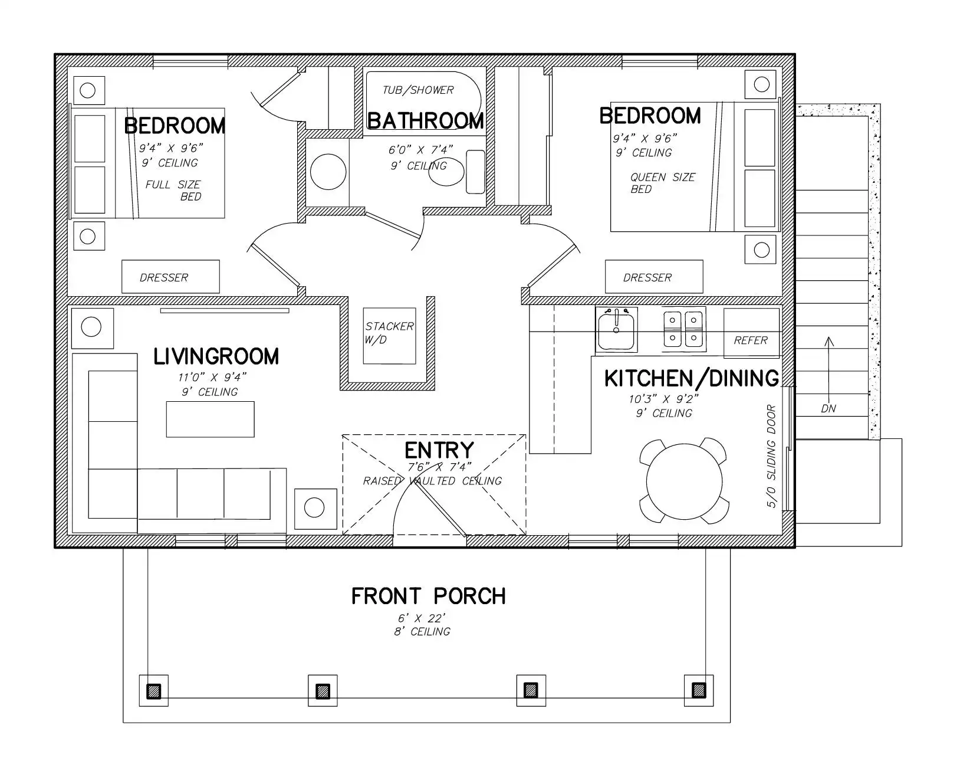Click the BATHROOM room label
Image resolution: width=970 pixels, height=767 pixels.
(426, 121)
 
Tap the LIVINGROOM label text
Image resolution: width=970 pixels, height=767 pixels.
(216, 356)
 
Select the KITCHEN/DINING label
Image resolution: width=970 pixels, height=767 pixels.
(692, 379)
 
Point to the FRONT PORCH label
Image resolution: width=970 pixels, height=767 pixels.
(428, 596)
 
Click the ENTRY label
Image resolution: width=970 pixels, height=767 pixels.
(439, 450)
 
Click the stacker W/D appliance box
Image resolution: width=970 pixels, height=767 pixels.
(389, 336)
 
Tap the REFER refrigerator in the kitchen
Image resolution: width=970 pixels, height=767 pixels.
(751, 333)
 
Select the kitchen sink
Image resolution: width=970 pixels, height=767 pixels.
(616, 330)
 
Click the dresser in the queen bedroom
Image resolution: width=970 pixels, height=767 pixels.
(654, 277)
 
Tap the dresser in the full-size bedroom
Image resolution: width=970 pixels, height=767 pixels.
(170, 277)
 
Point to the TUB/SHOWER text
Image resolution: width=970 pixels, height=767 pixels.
(418, 90)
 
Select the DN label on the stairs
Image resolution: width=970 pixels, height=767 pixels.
(828, 409)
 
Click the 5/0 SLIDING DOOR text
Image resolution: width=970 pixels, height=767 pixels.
(771, 456)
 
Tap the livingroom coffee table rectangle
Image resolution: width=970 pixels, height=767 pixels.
(210, 419)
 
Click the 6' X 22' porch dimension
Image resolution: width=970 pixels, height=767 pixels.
(422, 618)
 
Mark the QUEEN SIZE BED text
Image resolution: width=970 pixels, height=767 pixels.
(663, 183)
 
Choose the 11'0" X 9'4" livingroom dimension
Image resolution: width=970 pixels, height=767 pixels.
(212, 377)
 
